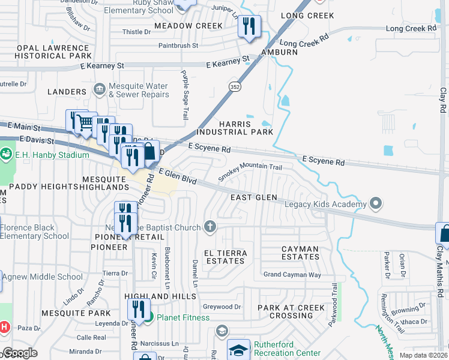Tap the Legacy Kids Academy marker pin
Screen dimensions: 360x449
[376, 204]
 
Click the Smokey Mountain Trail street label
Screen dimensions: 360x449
[250, 170]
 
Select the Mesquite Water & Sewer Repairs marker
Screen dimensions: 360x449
[100, 89]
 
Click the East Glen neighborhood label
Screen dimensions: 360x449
[254, 197]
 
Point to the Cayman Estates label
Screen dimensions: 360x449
[301, 252]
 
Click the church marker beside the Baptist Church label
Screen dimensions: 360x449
[209, 227]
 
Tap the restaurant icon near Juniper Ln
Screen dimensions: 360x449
[248, 26]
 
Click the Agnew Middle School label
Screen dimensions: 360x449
[43, 277]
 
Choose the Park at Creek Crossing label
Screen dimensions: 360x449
[291, 312]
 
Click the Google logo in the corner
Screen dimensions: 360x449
[20, 353]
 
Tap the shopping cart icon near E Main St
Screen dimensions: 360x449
[86, 122]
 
